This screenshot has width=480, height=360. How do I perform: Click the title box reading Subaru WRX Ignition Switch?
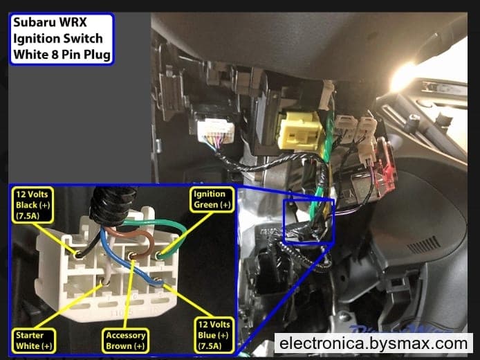pyautogui.click(x=62, y=39)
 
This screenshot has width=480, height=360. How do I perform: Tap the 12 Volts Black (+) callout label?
pyautogui.click(x=33, y=205)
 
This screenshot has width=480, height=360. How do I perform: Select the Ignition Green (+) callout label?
pyautogui.click(x=212, y=199)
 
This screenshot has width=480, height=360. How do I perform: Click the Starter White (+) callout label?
pyautogui.click(x=34, y=341)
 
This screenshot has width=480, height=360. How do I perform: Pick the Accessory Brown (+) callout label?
pyautogui.click(x=125, y=341)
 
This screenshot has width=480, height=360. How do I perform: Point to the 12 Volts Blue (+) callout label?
pyautogui.click(x=214, y=335)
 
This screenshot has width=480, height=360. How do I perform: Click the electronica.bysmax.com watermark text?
pyautogui.click(x=373, y=343)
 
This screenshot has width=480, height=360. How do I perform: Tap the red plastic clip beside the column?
pyautogui.click(x=387, y=168)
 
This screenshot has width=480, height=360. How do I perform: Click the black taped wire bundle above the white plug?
pyautogui.click(x=112, y=205)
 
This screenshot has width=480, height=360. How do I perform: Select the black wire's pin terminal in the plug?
pyautogui.click(x=78, y=254)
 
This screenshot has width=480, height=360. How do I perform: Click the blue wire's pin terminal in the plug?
pyautogui.click(x=157, y=280)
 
